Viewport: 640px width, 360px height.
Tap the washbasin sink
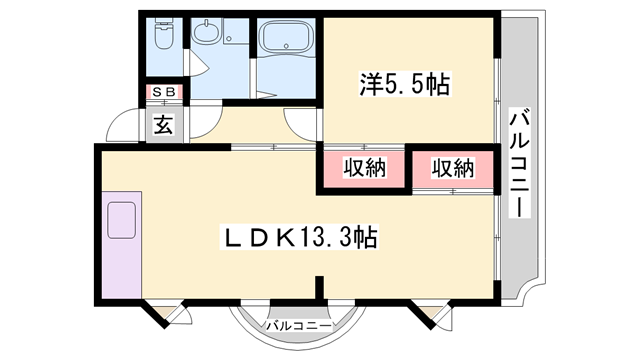tap(207, 32)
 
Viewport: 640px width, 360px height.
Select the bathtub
tap(287, 37)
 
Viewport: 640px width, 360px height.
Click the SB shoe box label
tap(164, 92)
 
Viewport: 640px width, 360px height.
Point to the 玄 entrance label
tap(163, 124)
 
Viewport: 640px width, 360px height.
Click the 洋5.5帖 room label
tap(404, 84)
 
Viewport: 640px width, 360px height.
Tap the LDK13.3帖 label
tap(299, 237)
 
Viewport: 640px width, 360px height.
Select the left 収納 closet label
tap(364, 167)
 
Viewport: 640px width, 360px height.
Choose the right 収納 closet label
tap(453, 167)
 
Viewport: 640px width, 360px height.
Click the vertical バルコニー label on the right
tap(520, 162)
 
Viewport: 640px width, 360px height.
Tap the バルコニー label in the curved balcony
tap(299, 326)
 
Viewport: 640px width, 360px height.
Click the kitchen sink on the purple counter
tap(121, 220)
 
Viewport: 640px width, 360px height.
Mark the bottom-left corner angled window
tap(167, 314)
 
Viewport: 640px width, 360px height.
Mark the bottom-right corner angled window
tap(432, 314)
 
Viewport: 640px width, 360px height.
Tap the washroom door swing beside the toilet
tap(197, 62)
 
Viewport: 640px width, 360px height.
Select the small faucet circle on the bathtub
tap(287, 45)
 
